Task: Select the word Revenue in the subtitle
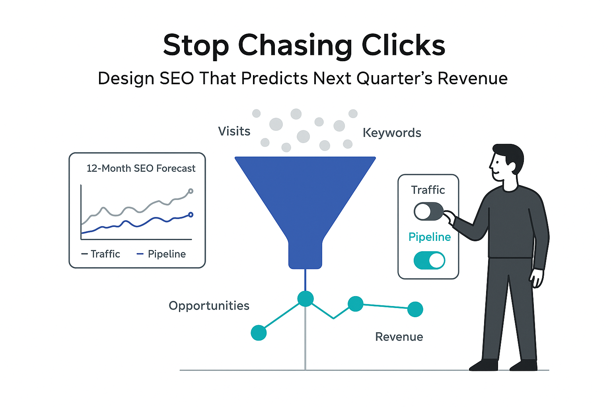point(473,78)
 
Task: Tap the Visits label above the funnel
point(234,131)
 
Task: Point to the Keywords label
point(392,133)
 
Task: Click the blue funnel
point(305,199)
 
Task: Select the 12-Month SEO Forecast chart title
point(141,169)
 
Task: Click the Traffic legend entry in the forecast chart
point(101,254)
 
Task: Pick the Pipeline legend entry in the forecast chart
point(162,254)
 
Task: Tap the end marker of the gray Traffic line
point(191,191)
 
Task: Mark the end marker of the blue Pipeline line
point(191,215)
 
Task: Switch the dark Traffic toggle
point(428,211)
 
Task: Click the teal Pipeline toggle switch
point(429,260)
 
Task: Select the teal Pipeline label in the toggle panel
point(430,237)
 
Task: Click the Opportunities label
point(209,306)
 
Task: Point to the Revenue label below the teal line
point(399,337)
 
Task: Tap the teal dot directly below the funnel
point(305,298)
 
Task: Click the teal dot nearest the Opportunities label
point(259,333)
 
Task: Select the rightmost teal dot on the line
point(415,309)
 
